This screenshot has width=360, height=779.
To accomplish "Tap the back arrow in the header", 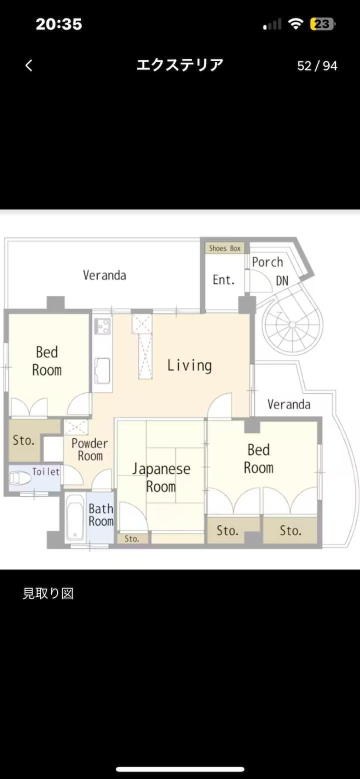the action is coord(29,65).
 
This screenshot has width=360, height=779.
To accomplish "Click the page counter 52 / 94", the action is coord(317,65).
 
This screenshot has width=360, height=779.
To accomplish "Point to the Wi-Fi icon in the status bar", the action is coord(295,23).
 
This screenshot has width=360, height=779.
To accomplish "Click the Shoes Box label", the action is coord(224,248).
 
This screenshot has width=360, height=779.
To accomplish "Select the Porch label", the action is coord(267,262).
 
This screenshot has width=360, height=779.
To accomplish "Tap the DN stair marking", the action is coord(282,280).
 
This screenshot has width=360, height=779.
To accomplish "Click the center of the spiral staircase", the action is coord(292,325).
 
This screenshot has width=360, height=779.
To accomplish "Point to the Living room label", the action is coord(189,365).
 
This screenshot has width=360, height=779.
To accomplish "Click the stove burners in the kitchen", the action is coord(102,326).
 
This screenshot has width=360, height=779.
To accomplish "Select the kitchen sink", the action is coord(102,370).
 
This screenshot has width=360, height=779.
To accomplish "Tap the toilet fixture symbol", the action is coord(20,478).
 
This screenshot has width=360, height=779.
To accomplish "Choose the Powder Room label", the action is coord(89,449).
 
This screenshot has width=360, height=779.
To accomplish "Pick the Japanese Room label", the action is coord(161,477).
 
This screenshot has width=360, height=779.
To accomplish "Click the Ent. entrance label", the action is coord(223,280).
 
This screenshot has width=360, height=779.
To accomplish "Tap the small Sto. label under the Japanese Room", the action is coord(132,538).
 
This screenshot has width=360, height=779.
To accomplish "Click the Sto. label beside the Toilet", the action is coord(23,440).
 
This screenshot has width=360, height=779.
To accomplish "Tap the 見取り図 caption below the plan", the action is coord(48,593).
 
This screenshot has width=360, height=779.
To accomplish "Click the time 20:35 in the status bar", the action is coord(59,24).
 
